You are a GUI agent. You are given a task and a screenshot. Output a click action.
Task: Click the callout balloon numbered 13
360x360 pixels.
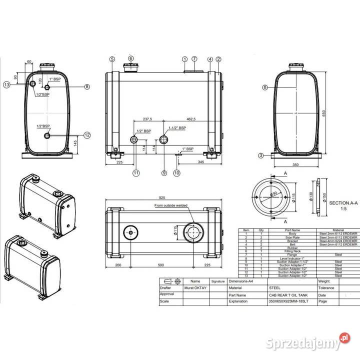[x=6, y=84]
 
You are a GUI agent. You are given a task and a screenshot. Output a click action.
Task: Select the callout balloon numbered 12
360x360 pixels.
[x=87, y=134]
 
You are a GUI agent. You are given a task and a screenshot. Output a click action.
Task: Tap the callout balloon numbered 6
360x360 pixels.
[x=131, y=58]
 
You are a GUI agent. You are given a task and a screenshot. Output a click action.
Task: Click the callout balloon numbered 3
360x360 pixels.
[x=260, y=155]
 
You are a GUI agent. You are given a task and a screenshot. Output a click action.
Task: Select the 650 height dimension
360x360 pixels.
[x=324, y=113]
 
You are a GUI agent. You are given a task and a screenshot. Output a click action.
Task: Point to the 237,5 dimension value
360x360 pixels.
[x=147, y=119]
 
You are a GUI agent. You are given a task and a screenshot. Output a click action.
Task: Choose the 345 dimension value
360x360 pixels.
[x=200, y=162]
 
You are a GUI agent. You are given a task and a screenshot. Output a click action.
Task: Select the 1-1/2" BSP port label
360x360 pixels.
[x=177, y=128]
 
